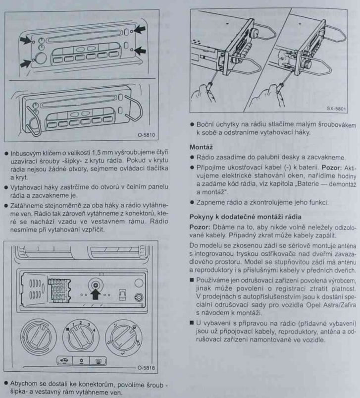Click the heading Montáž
201,147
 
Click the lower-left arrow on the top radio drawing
24,63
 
